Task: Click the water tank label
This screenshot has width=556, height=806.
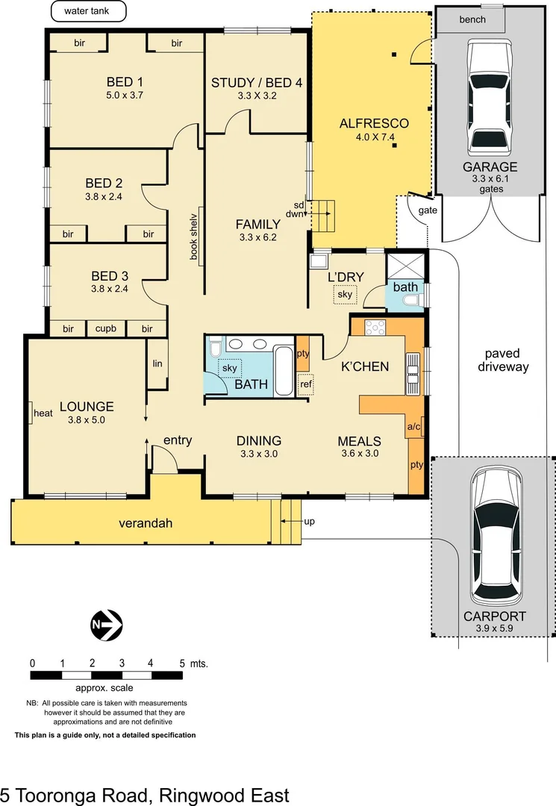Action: (88, 12)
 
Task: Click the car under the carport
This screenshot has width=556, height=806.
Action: (496, 537)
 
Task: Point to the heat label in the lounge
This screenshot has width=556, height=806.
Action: (43, 412)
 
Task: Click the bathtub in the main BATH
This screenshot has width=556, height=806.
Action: (284, 370)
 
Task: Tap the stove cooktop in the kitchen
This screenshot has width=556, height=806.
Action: (375, 327)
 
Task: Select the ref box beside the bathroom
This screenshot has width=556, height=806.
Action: (305, 385)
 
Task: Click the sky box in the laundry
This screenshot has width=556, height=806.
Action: (345, 295)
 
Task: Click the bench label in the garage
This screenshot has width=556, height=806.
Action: (472, 19)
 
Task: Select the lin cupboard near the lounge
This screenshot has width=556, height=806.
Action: (157, 363)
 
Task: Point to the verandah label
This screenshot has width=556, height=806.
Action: (146, 523)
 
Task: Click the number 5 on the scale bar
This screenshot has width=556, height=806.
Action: (181, 662)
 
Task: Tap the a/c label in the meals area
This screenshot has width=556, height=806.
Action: (414, 427)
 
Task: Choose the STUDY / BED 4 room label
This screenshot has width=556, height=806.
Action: (256, 83)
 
